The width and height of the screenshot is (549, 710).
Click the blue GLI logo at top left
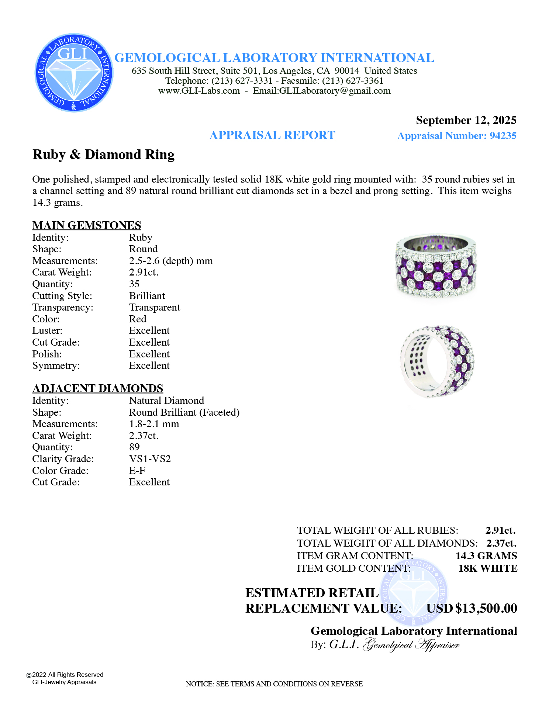(74, 73)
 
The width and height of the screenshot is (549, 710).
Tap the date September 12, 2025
(466, 120)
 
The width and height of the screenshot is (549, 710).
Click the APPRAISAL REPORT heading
(272, 135)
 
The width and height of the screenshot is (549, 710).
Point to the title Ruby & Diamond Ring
(104, 155)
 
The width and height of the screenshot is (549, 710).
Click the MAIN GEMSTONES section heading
(87, 225)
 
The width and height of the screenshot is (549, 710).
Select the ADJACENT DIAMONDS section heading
(98, 388)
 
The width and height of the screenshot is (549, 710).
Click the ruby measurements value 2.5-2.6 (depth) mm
(171, 261)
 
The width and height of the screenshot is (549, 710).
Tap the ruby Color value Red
(138, 319)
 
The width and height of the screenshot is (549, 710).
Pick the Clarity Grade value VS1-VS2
(150, 459)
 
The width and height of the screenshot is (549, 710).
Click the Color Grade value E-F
(137, 471)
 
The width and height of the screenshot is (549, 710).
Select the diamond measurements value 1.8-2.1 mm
(154, 424)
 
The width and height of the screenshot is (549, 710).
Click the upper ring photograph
(436, 265)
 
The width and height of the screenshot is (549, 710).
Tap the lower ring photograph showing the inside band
(437, 361)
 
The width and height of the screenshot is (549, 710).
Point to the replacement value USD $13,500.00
(472, 608)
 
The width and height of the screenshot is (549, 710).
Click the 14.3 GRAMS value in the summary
(486, 556)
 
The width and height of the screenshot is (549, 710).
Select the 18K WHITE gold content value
(488, 568)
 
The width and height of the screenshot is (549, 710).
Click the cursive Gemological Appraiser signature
(411, 645)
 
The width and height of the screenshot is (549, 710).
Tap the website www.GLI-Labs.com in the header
(199, 91)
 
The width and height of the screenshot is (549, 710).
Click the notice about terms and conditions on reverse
(274, 684)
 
